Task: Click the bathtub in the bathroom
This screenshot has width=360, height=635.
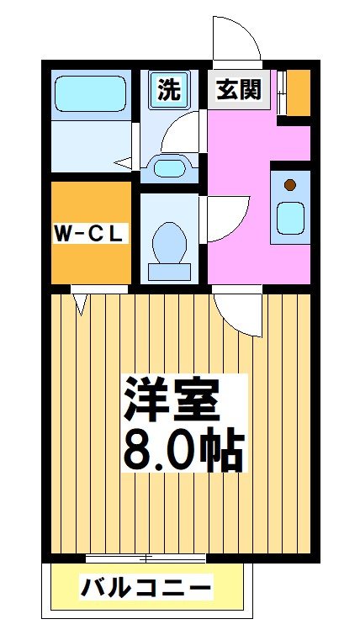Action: click(x=91, y=95)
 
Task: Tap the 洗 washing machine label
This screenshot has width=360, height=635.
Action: click(x=169, y=89)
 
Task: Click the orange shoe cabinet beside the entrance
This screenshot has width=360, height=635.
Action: click(x=299, y=93)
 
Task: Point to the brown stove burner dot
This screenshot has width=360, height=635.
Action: click(x=290, y=185)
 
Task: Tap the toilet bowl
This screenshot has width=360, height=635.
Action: click(x=170, y=241)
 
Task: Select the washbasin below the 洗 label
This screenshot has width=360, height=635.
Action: click(x=171, y=167)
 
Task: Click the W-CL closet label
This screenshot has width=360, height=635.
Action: click(x=89, y=233)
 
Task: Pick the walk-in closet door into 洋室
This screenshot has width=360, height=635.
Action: click(x=81, y=301)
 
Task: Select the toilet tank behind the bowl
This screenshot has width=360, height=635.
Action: click(x=169, y=271)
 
